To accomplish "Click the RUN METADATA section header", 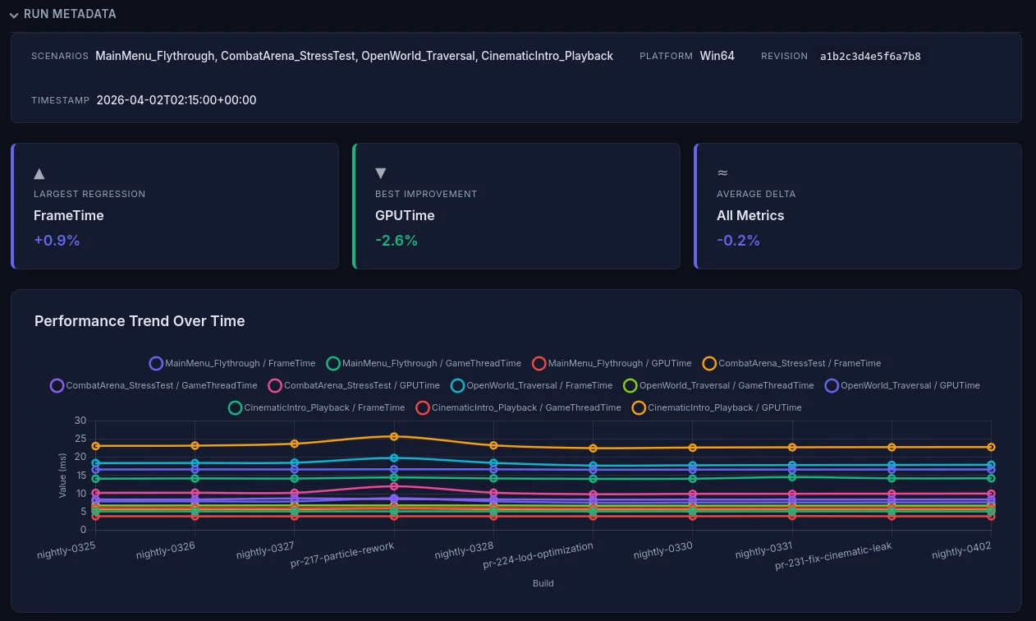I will click(70, 14).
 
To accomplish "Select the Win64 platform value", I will click(717, 56).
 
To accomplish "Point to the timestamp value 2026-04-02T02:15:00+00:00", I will click(176, 100).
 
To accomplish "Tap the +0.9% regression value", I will click(57, 241).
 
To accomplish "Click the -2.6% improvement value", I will click(396, 241).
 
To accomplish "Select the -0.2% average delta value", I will click(738, 241).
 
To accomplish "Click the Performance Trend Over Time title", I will click(140, 321).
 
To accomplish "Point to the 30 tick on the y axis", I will click(80, 421).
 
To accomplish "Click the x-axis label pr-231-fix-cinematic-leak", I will click(833, 556).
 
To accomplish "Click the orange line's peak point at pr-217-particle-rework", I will click(394, 436).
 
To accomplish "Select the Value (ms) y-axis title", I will click(63, 475).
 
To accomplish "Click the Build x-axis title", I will click(543, 583).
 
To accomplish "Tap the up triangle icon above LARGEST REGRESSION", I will click(39, 172).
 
